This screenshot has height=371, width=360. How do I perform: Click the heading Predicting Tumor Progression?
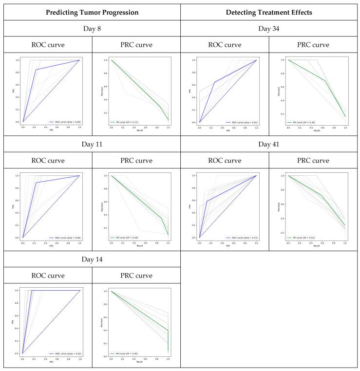coord(92,11)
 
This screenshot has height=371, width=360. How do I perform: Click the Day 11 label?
coord(92,144)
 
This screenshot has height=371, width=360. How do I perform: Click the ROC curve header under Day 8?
coord(48,45)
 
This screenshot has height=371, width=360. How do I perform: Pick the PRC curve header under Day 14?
coord(135,276)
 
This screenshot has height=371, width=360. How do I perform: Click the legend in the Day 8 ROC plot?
coord(65,122)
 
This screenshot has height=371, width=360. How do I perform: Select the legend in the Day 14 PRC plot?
coord(129,353)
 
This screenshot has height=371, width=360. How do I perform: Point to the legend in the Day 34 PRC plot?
coord(305,122)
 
